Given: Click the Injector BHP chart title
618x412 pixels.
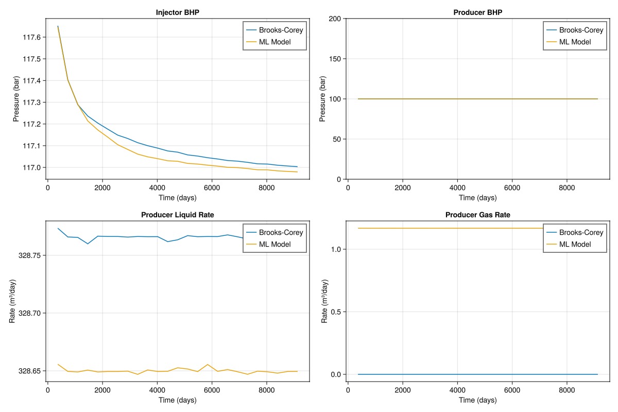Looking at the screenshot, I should point(178,12).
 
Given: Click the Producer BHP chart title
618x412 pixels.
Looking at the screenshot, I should point(477,12).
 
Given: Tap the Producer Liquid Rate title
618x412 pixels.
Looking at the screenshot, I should point(178,215).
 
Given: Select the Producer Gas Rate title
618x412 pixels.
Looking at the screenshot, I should point(477,215).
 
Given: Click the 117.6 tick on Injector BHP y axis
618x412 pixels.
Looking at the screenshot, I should point(32,37).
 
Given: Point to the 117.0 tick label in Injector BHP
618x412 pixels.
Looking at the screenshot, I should point(32,167).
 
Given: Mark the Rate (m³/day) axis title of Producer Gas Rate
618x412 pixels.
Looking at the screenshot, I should point(324,301).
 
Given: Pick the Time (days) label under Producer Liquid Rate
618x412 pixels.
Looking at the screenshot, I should point(178,400).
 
